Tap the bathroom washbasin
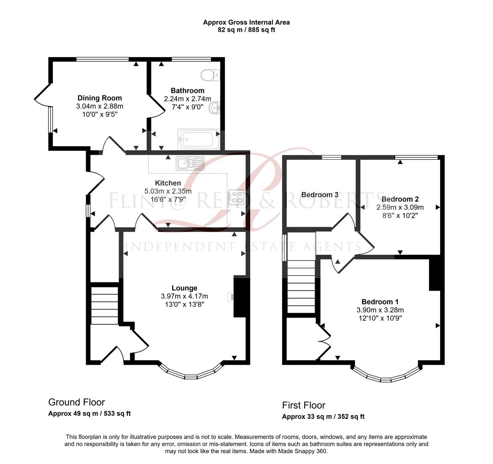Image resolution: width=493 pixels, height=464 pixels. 214,108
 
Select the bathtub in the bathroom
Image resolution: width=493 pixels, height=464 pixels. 198,139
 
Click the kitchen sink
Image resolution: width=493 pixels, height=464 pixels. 189,163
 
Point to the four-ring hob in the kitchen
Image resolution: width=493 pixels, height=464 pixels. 237,197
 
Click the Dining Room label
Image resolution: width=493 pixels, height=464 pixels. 99,98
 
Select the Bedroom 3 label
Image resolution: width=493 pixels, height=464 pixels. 320,195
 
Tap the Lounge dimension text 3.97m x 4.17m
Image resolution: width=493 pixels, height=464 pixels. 184,296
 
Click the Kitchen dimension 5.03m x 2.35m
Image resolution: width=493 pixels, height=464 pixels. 168,191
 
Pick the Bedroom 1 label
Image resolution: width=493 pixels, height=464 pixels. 377,302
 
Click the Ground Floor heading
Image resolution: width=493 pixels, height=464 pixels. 77,402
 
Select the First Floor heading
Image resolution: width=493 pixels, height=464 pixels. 304,405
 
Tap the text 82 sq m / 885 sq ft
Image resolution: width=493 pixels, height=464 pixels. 246,30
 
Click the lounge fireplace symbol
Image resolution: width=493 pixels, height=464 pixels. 231,296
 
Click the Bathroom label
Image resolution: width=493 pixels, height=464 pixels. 188,91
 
